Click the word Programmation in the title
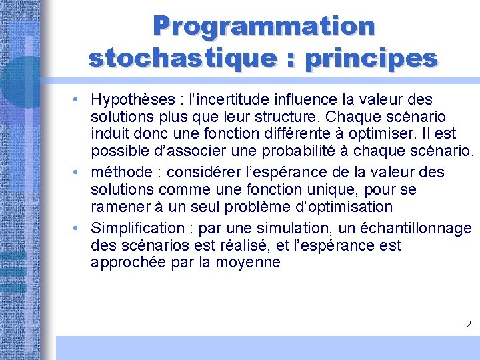(264, 27)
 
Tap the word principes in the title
(371, 58)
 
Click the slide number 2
(468, 325)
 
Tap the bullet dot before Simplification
(78, 228)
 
